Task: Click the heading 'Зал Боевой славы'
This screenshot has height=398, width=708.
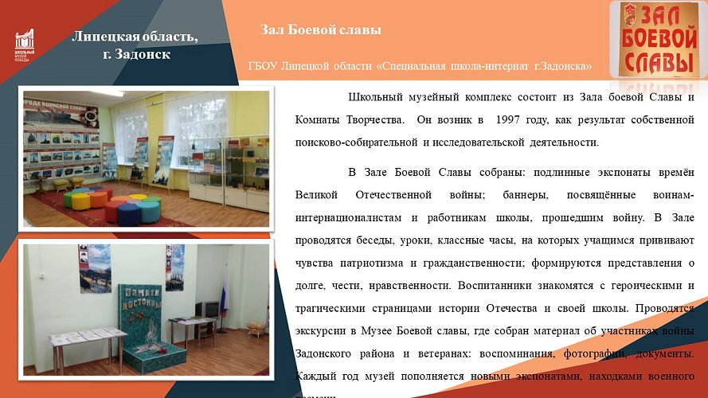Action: click(x=321, y=30)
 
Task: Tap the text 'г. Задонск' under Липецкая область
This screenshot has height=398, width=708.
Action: click(x=136, y=54)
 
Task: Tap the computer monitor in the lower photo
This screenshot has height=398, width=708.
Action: click(x=209, y=309)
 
